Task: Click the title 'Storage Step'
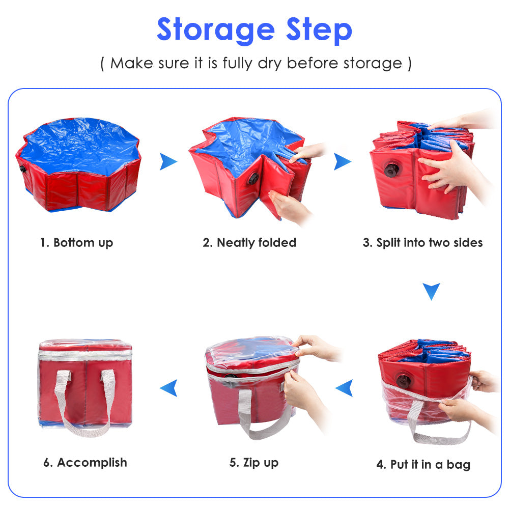pos(254,30)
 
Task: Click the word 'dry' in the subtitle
pos(267,63)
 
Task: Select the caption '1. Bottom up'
pos(76,242)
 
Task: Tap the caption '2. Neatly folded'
pos(249,242)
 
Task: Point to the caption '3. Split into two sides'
pos(422,242)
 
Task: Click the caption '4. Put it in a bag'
pos(423,464)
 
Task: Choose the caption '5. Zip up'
pos(254,462)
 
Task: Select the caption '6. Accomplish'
pos(85,462)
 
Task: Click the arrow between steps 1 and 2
pos(168,162)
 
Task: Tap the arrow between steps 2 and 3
pos(342,162)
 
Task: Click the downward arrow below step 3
pos(431,291)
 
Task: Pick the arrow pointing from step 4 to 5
pos(344,388)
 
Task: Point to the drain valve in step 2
pos(253,178)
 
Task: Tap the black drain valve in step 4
pos(404,381)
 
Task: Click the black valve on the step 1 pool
pos(22,168)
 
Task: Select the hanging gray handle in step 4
pos(438,428)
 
